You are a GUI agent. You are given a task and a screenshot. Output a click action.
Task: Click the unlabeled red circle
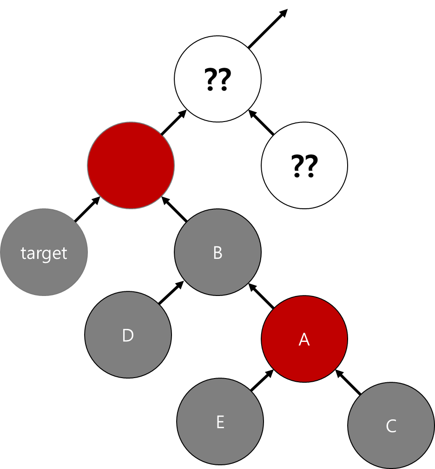[131, 165]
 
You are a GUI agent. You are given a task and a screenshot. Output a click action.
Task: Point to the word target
[44, 253]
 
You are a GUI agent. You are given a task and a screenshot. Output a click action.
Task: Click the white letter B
[217, 253]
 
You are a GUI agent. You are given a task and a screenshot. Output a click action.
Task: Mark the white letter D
[128, 335]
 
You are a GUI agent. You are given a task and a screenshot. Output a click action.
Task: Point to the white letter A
[304, 340]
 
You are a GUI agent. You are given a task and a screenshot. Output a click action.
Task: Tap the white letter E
[220, 422]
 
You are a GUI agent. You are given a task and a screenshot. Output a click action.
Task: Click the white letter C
[391, 426]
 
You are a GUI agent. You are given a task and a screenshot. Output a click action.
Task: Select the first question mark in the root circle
[211, 79]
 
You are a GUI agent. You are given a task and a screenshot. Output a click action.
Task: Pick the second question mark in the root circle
[224, 79]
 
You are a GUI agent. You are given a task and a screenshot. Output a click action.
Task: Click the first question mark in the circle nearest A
[298, 166]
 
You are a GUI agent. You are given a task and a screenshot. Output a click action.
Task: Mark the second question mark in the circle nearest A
[311, 166]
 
